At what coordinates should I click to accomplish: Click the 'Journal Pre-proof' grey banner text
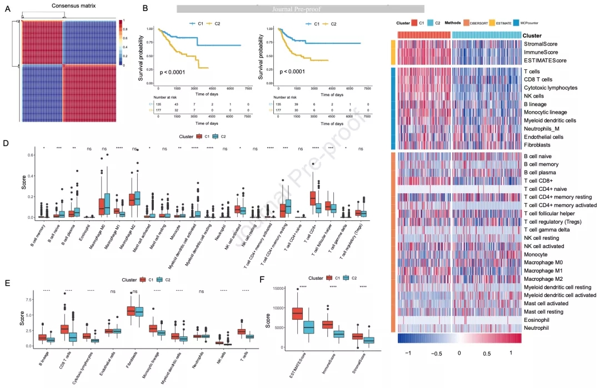300,9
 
